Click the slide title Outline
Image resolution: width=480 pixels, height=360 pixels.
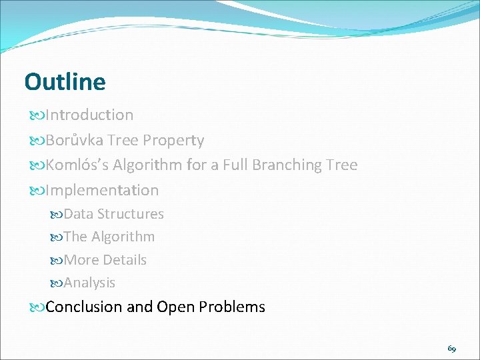pyautogui.click(x=65, y=82)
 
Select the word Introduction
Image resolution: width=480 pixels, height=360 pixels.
pyautogui.click(x=89, y=115)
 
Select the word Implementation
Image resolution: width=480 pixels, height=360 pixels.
pyautogui.click(x=102, y=190)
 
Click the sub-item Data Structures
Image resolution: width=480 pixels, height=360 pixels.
pyautogui.click(x=113, y=214)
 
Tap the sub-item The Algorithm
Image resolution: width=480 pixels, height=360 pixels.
pyautogui.click(x=109, y=237)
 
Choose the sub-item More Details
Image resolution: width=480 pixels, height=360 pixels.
pyautogui.click(x=105, y=260)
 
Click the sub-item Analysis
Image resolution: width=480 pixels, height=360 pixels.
pyautogui.click(x=89, y=283)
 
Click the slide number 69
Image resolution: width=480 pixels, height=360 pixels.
pyautogui.click(x=451, y=349)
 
